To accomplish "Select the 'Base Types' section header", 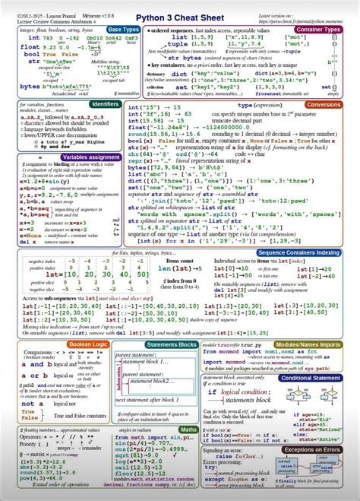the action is click(123, 29).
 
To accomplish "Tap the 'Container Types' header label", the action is click(328, 29).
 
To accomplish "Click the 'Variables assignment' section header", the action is click(90, 156).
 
